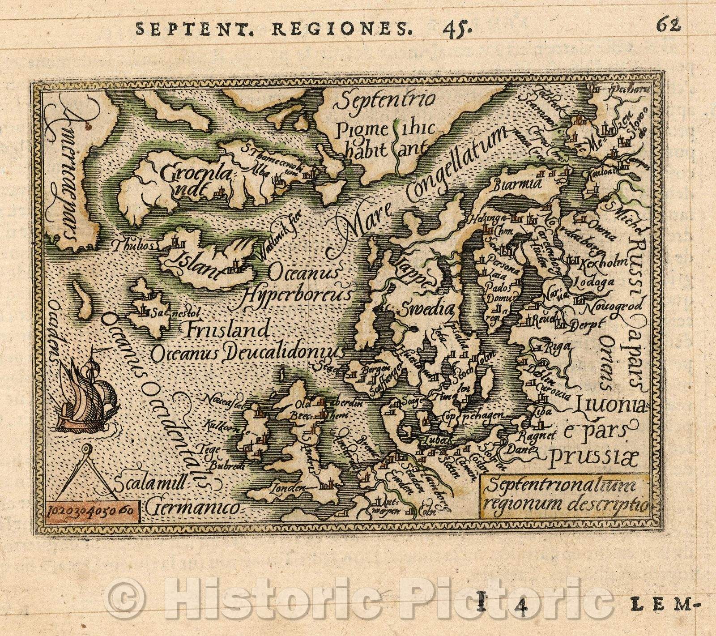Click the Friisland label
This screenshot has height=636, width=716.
click(226, 331)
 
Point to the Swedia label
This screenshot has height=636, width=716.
click(425, 309)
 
